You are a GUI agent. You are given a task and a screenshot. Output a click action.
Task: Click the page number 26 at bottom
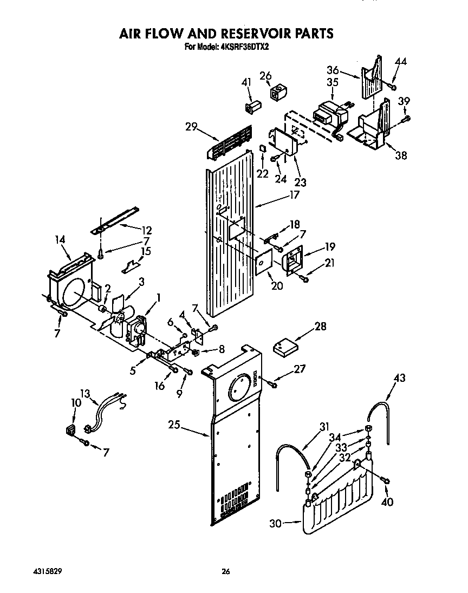coord(226,570)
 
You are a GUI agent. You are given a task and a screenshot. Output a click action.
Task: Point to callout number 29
coord(190,127)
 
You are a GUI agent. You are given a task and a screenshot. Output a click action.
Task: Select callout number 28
coord(321,326)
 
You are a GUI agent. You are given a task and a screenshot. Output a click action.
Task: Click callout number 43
coord(399,377)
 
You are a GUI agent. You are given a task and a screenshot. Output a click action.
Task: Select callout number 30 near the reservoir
coord(277,523)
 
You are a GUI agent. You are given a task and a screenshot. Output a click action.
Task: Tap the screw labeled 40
coord(386,479)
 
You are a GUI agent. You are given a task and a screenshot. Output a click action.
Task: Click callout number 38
coord(400,155)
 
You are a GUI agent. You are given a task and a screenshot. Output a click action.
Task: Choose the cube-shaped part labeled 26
coord(279,94)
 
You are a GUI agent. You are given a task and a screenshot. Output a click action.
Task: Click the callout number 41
coord(246,82)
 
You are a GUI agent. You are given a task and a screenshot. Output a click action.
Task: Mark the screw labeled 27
coord(272,383)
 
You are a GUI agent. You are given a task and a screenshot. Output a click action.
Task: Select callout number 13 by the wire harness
coord(85,394)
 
